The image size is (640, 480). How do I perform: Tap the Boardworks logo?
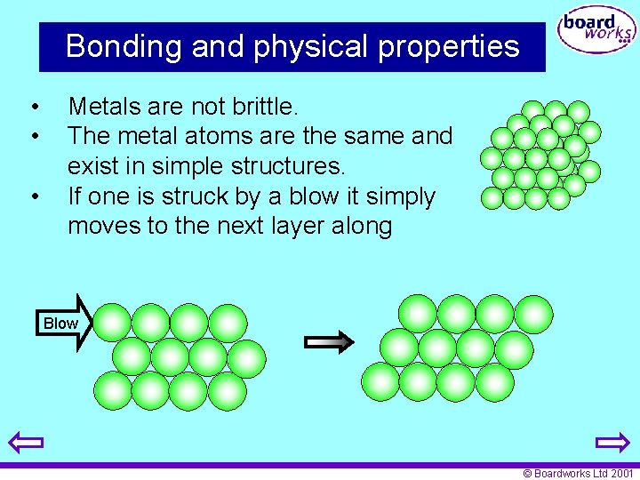pyautogui.click(x=596, y=32)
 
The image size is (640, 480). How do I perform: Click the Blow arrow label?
pyautogui.click(x=61, y=323)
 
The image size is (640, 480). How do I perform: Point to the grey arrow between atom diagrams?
pyautogui.click(x=329, y=341)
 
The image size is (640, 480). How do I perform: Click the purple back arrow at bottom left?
pyautogui.click(x=26, y=442)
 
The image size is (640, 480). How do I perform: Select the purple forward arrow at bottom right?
pyautogui.click(x=612, y=442)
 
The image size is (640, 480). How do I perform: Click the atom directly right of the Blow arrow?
pyautogui.click(x=112, y=323)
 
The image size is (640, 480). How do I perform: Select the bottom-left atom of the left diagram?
pyautogui.click(x=112, y=390)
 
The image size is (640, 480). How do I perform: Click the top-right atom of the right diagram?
pyautogui.click(x=533, y=314)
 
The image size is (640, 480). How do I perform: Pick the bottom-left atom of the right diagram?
pyautogui.click(x=380, y=381)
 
